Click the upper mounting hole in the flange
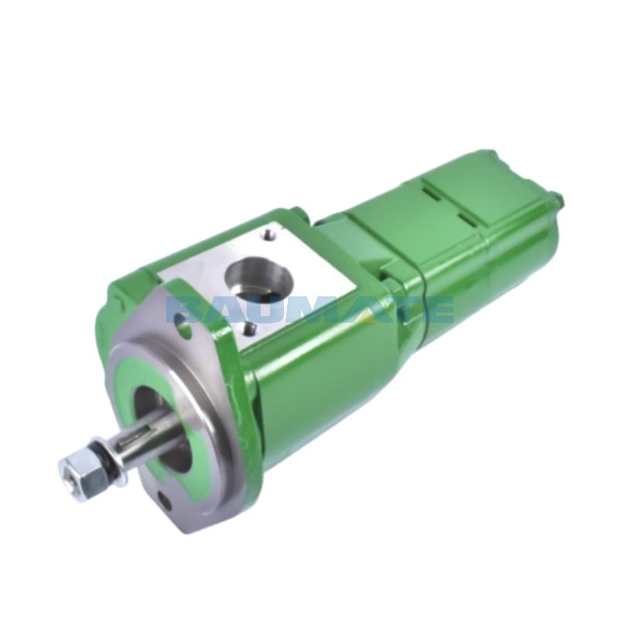[183, 327]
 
